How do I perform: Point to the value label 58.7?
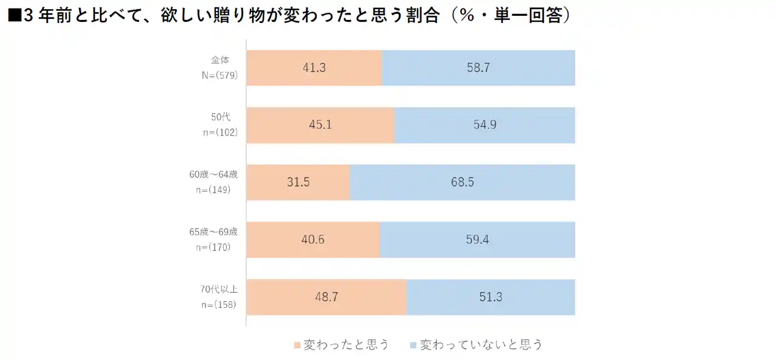pyautogui.click(x=478, y=68)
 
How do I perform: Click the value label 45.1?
pyautogui.click(x=320, y=125)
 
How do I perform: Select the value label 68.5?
pyautogui.click(x=462, y=182)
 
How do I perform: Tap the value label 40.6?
pyautogui.click(x=313, y=239)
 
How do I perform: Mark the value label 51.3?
pyautogui.click(x=490, y=297)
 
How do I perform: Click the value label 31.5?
pyautogui.click(x=298, y=182)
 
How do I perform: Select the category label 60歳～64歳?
pyautogui.click(x=213, y=175)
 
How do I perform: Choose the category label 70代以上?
pyautogui.click(x=219, y=289)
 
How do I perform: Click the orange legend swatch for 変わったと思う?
pyautogui.click(x=296, y=345)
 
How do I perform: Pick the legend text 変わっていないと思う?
pyautogui.click(x=481, y=345)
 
